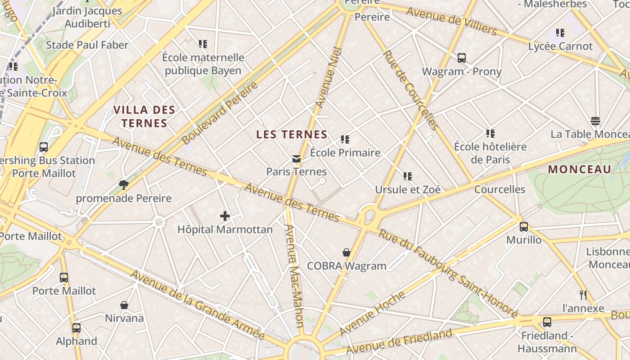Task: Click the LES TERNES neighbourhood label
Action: [292, 134]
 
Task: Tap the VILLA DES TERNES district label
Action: [144, 117]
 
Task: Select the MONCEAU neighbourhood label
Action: [580, 170]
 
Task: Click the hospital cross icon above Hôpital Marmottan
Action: [225, 216]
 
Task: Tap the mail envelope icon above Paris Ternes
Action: [296, 158]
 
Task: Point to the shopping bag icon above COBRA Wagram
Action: [346, 252]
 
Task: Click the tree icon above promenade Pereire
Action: [124, 184]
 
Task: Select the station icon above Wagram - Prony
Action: [462, 58]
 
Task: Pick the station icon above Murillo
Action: [524, 227]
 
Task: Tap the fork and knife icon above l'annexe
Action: [583, 295]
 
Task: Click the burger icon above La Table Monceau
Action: [595, 121]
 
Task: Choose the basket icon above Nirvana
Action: [124, 305]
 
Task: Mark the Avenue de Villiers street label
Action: [451, 21]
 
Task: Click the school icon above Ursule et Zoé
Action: [408, 176]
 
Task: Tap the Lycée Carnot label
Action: [561, 46]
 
